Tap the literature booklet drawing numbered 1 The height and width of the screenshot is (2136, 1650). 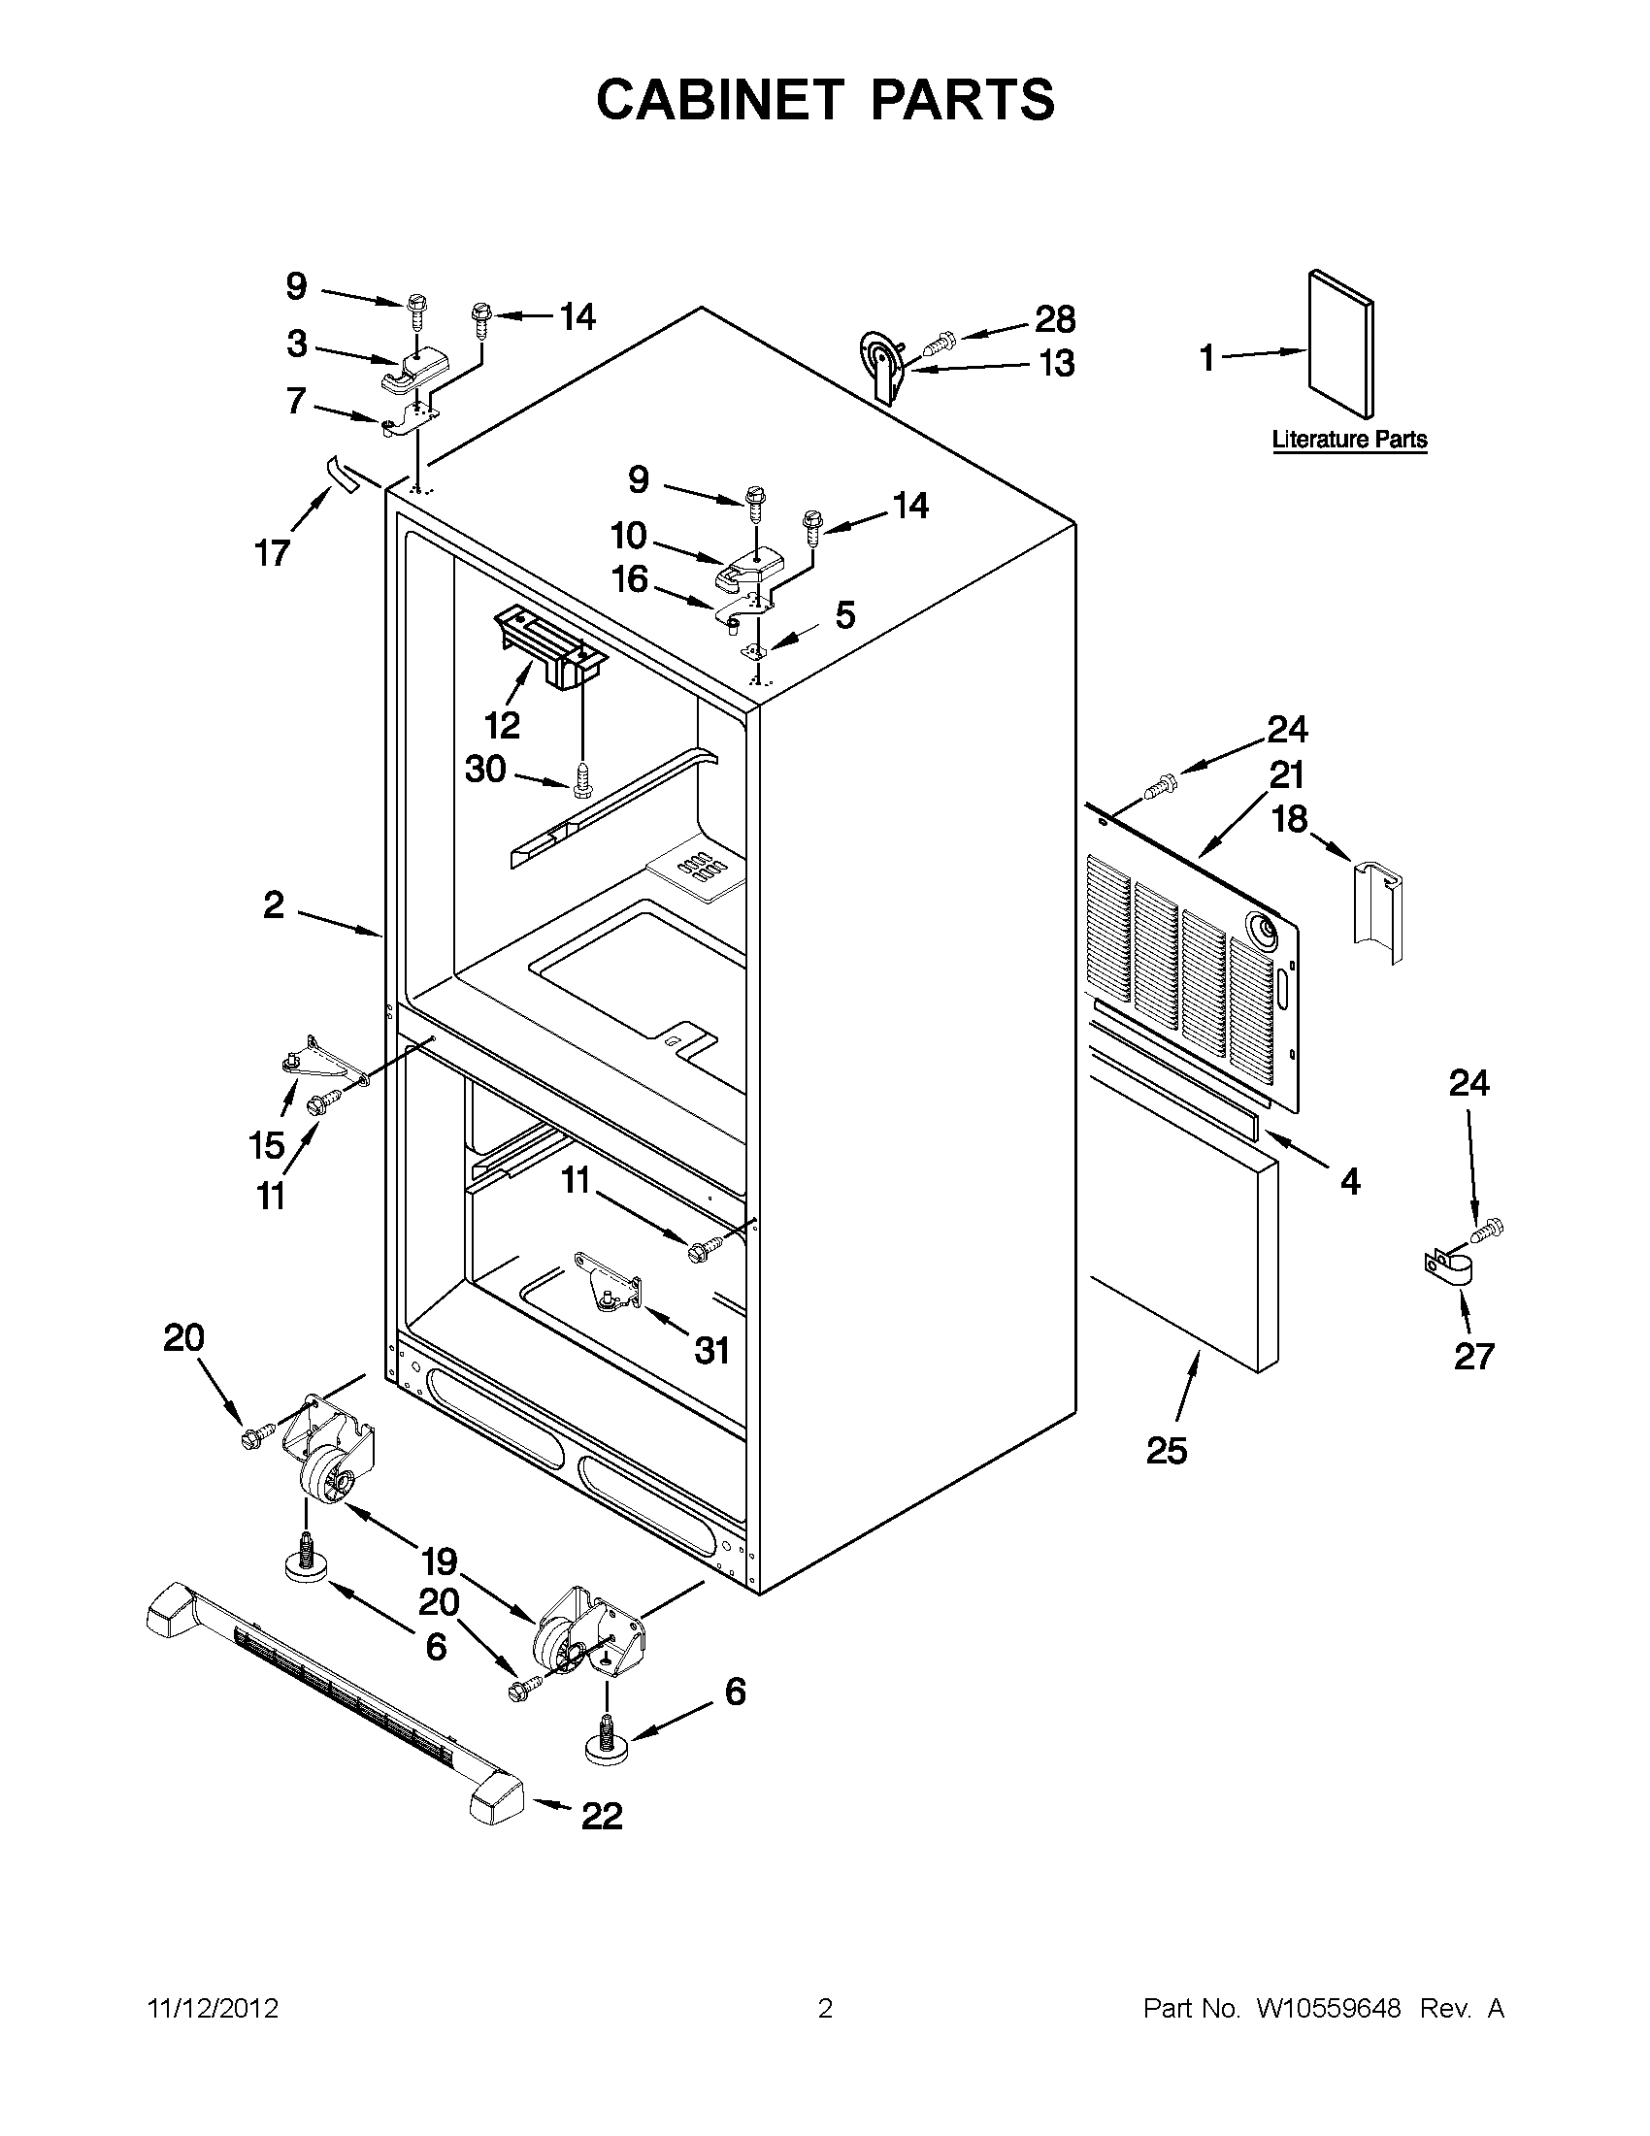[1341, 345]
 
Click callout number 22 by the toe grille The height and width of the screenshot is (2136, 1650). [602, 1816]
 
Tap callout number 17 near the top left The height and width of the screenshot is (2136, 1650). [273, 552]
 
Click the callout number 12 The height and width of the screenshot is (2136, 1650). [502, 725]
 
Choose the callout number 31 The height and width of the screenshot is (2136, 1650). [712, 1351]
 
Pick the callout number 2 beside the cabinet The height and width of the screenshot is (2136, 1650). [274, 904]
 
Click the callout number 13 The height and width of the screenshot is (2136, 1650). [1056, 364]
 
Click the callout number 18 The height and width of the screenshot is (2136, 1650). [1289, 819]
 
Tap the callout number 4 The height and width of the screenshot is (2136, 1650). [1350, 1181]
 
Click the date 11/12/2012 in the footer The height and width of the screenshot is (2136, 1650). [214, 2009]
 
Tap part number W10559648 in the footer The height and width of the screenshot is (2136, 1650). [1328, 2009]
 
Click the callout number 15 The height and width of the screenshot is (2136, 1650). [267, 1144]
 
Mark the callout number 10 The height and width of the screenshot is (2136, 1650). [629, 535]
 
